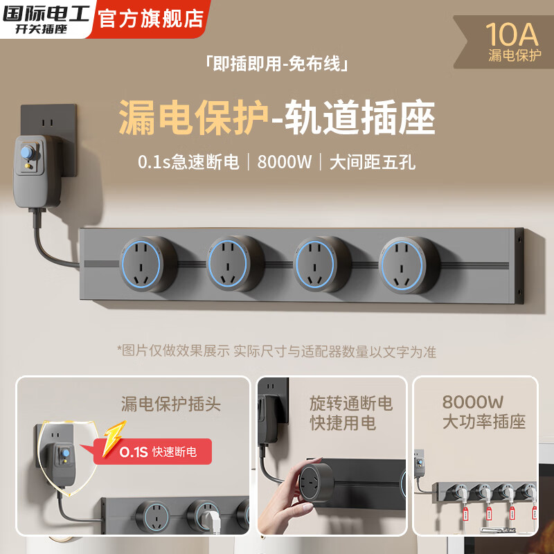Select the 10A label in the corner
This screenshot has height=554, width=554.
point(513,33)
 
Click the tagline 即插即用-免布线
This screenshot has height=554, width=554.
point(276,64)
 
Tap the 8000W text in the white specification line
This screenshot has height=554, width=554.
point(285,163)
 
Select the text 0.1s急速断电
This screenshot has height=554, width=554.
point(188,163)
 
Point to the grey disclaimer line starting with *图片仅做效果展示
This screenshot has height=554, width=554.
point(276,351)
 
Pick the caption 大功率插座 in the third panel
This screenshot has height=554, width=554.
point(484,422)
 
